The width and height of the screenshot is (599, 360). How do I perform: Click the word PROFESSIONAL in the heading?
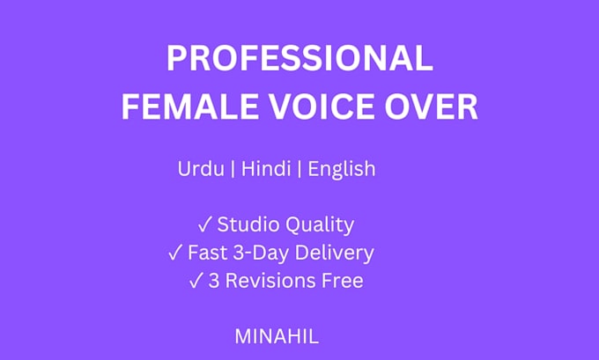(x=299, y=58)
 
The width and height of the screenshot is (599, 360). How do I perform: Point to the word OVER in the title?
(x=432, y=107)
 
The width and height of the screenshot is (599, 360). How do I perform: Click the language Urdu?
(x=201, y=168)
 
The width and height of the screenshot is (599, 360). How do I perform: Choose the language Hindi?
(x=266, y=168)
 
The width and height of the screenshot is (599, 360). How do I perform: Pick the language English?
(x=342, y=170)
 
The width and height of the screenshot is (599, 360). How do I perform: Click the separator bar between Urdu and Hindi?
(x=233, y=169)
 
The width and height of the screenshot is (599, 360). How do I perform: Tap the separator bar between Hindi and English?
(x=299, y=169)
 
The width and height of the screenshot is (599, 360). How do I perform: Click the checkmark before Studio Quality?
(x=204, y=224)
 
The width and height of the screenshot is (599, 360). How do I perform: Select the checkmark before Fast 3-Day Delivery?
(x=175, y=253)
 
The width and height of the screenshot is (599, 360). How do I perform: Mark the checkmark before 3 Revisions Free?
(x=196, y=281)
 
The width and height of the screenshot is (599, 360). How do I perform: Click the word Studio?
(x=248, y=224)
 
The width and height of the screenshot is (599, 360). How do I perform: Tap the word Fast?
(x=207, y=253)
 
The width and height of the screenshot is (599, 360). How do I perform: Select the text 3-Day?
(x=261, y=253)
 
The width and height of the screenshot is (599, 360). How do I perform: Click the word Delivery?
(x=335, y=253)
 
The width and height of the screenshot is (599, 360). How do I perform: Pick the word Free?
(x=343, y=281)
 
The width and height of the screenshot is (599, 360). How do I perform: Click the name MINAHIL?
(x=277, y=337)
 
